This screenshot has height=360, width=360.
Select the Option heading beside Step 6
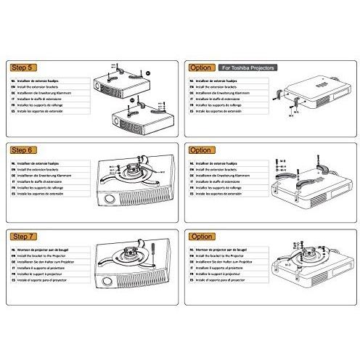(200, 150)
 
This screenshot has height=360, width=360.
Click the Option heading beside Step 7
(200, 237)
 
